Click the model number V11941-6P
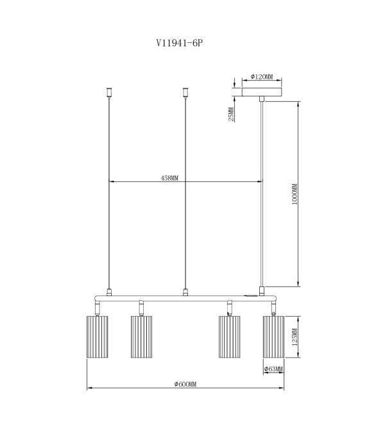click(179, 43)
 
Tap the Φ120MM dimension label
click(262, 77)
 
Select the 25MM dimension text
click(231, 114)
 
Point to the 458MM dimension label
click(169, 178)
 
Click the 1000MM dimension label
click(295, 194)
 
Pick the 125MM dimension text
click(295, 337)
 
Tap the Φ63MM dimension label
click(273, 369)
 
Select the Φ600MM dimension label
click(185, 384)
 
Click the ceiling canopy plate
click(262, 92)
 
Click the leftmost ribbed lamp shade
click(98, 337)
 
